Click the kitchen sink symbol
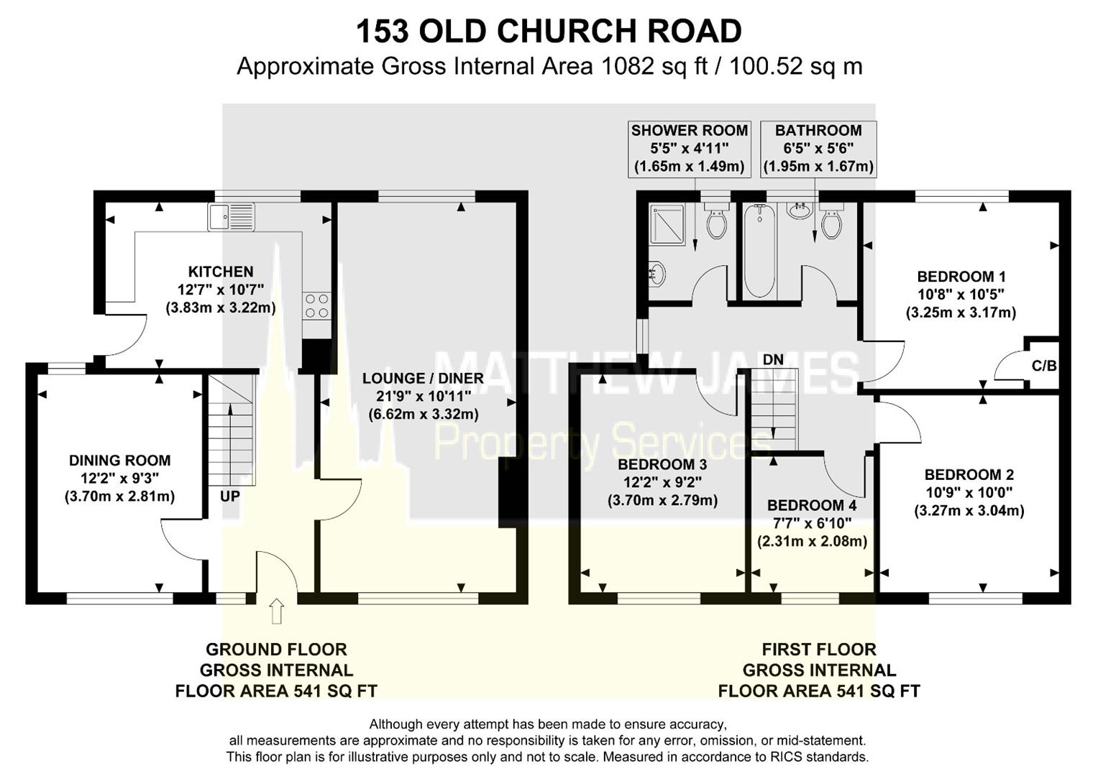(x=231, y=216)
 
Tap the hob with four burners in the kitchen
(x=316, y=305)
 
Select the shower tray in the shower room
(x=668, y=223)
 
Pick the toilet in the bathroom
(x=831, y=221)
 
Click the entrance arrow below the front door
(x=276, y=611)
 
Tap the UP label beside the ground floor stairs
(x=229, y=496)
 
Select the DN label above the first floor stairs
(x=773, y=359)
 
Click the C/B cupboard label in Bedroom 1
(x=1044, y=366)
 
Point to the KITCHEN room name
(x=221, y=272)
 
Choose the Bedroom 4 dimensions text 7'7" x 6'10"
(x=812, y=523)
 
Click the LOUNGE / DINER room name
(x=423, y=378)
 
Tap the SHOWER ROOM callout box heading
(x=689, y=131)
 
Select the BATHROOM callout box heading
(x=818, y=131)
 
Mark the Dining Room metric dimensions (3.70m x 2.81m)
(x=119, y=496)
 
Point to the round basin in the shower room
(x=656, y=274)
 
